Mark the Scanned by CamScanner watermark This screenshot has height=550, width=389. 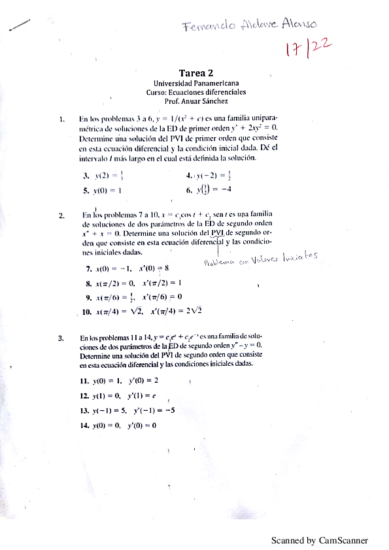pyautogui.click(x=320, y=541)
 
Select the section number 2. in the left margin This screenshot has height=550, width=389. pyautogui.click(x=61, y=215)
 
